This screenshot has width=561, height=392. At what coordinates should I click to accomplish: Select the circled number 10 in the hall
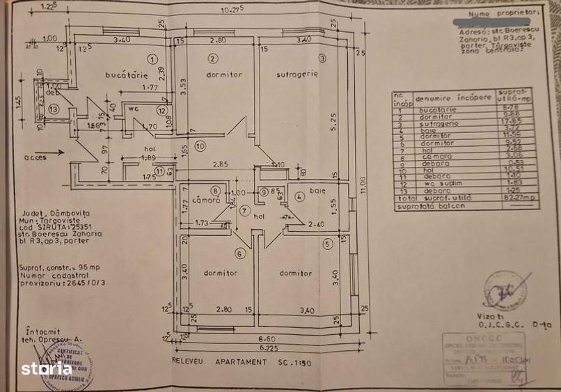(x=200, y=146)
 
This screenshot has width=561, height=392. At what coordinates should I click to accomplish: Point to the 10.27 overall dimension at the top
(x=231, y=9)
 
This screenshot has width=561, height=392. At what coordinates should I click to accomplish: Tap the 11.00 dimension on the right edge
(x=362, y=187)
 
